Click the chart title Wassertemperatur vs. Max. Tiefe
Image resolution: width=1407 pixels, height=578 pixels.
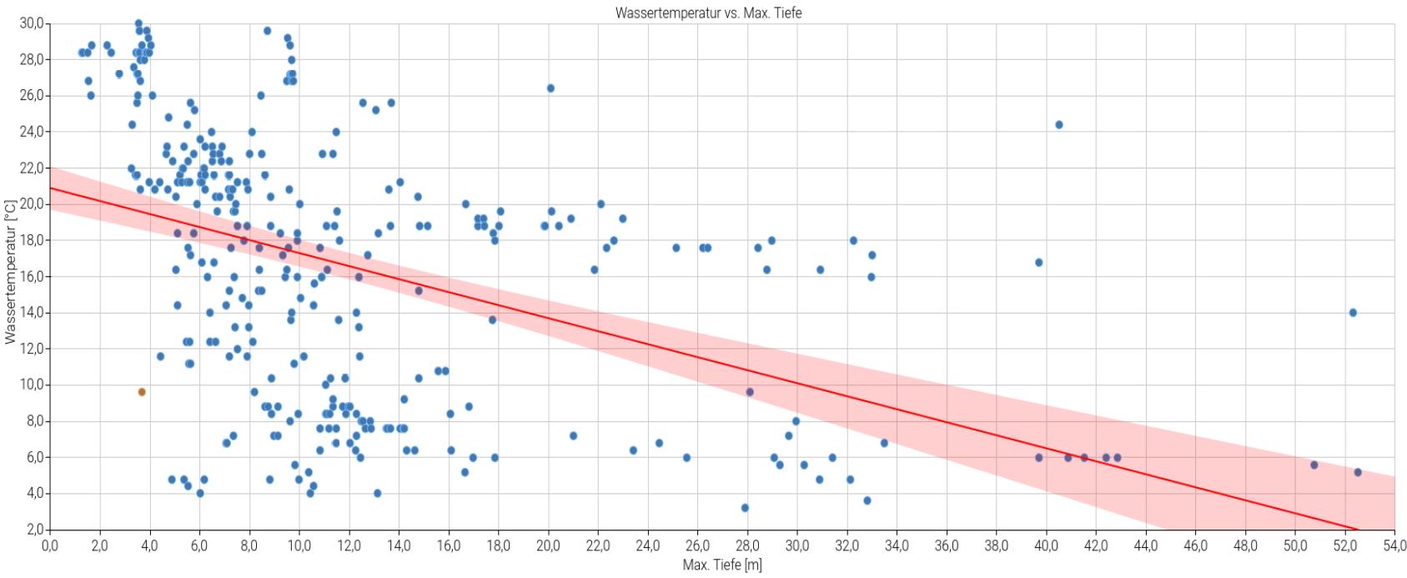tap(708, 13)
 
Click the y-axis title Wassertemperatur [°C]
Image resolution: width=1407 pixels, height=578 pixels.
tap(10, 272)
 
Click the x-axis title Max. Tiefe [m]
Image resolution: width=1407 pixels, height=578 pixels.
tap(721, 565)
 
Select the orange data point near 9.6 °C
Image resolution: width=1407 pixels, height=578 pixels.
tap(142, 392)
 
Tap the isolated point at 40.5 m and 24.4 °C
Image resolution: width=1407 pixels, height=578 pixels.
tap(1059, 124)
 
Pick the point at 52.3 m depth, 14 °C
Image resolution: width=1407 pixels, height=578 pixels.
tap(1353, 313)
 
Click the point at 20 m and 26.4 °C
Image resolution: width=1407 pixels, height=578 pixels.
tap(550, 88)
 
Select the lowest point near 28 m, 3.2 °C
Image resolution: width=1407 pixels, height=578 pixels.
tap(745, 508)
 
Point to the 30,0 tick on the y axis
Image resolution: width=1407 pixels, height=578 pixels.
tap(32, 23)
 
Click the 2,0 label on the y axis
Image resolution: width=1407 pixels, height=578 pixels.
tap(34, 530)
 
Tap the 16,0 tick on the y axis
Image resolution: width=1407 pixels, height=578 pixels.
tap(32, 276)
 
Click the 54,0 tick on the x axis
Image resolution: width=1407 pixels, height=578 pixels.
tap(1394, 546)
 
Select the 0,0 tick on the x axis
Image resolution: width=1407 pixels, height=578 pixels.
tap(50, 546)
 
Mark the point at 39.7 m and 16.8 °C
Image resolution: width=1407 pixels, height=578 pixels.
tap(1038, 263)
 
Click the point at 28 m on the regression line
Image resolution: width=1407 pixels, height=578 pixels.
tap(750, 392)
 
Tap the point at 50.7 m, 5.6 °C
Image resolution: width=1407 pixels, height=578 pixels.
tap(1314, 465)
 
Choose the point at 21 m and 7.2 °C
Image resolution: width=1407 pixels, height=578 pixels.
tap(573, 435)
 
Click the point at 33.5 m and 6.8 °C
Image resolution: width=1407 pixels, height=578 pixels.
tap(884, 443)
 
